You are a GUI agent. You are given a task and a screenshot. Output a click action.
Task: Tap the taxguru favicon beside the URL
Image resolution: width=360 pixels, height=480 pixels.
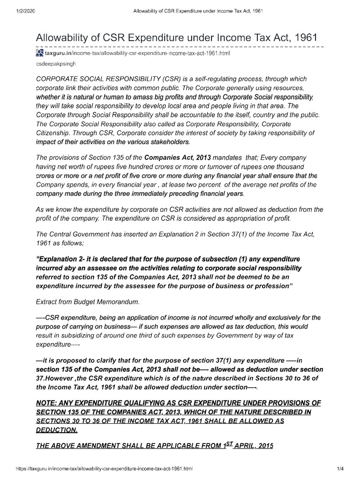pos(39,54)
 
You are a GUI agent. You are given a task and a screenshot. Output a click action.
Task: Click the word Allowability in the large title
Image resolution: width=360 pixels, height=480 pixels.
pos(66,37)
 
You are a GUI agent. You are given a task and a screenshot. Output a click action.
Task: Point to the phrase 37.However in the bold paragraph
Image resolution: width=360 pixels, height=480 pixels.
pos(59,378)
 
